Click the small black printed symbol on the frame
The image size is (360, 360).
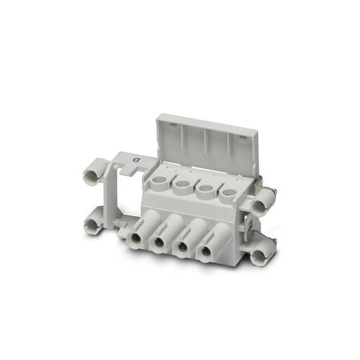[x=136, y=159]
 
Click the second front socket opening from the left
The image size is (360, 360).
[x=158, y=242]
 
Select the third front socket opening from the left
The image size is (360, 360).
[x=182, y=245]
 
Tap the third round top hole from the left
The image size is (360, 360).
[x=206, y=188]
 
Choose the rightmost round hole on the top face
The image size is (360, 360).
[x=228, y=192]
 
